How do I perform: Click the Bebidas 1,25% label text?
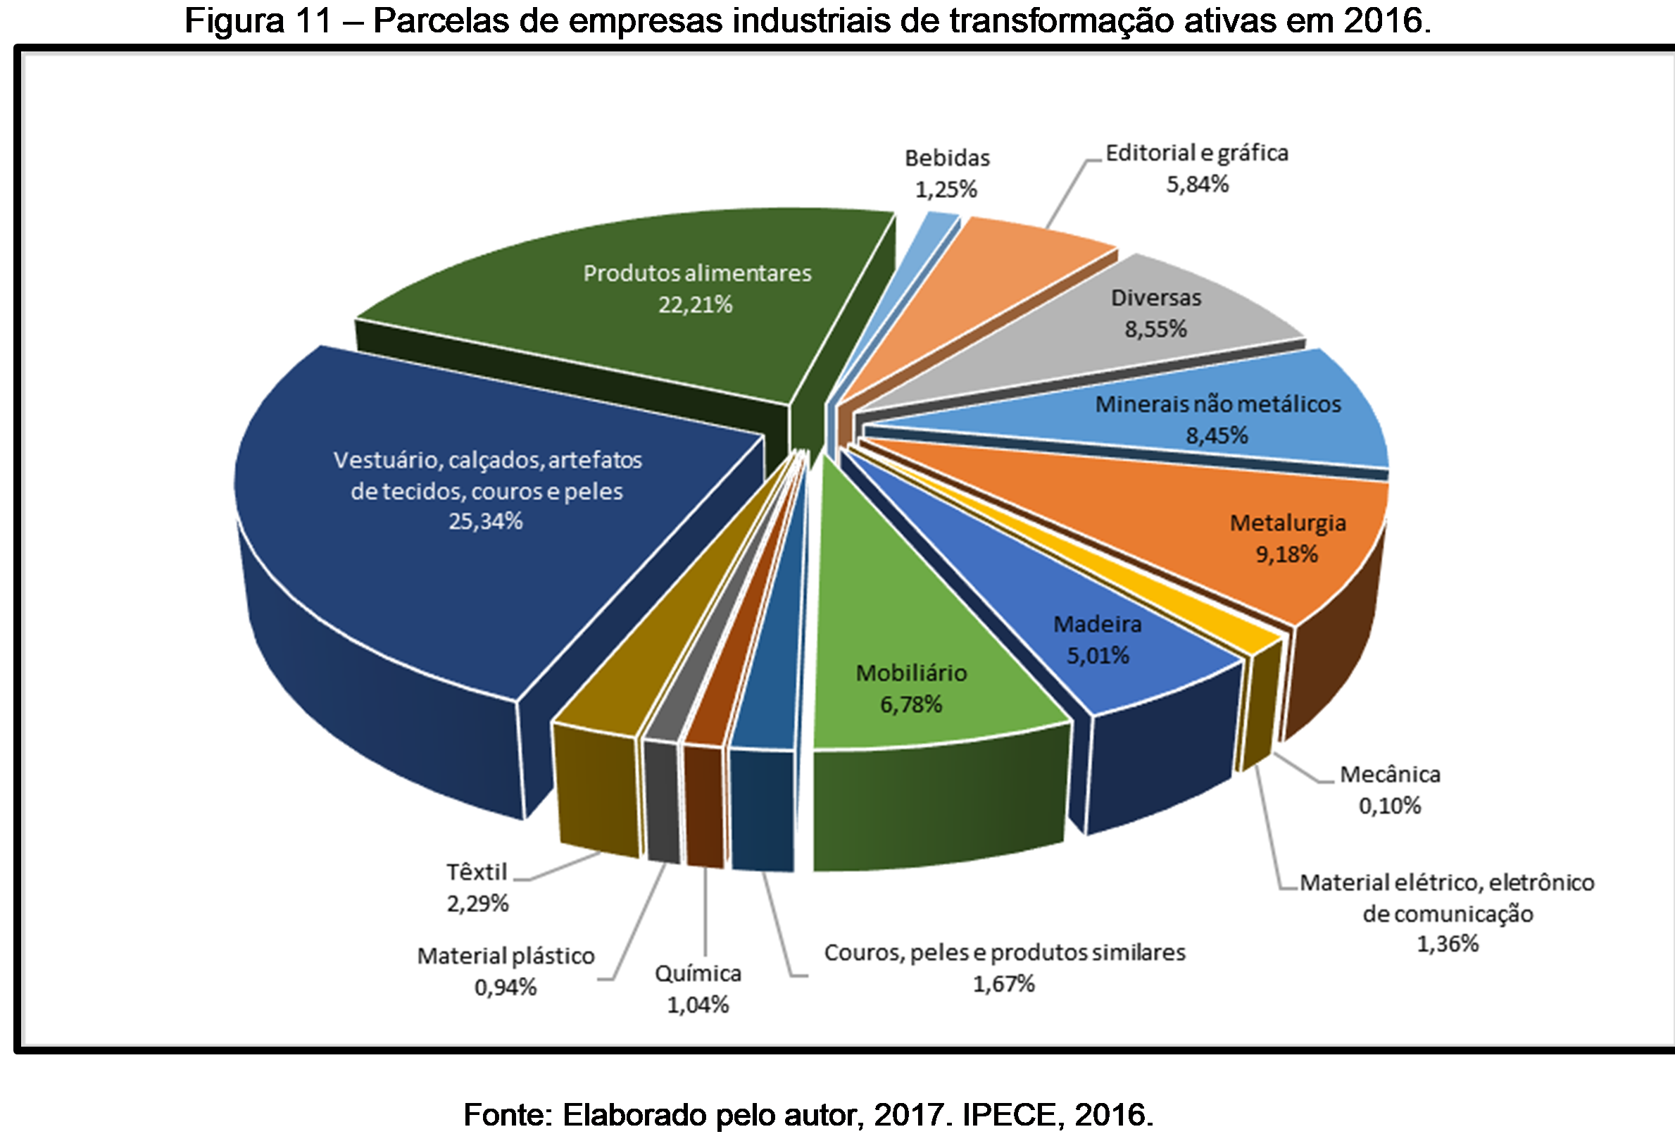[946, 173]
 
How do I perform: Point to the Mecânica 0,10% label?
[1389, 790]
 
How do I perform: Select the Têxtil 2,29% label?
[477, 887]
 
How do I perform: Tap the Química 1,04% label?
[697, 988]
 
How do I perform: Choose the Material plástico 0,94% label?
[506, 971]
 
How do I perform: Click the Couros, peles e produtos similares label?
[1004, 952]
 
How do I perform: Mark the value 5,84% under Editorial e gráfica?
[1197, 185]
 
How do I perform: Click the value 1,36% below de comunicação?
[1448, 944]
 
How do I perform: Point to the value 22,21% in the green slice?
[695, 305]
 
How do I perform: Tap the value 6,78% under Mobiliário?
[910, 704]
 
